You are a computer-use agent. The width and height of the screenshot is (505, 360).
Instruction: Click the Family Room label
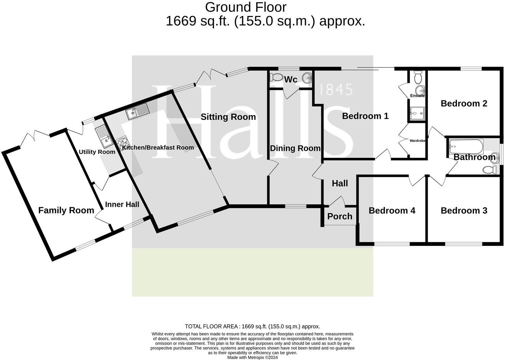[x=66, y=210]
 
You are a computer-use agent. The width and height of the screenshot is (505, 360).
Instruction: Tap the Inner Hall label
[x=122, y=204]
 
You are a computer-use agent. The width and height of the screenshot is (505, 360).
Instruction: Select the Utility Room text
[x=97, y=152]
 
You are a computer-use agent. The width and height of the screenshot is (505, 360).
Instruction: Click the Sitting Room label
[x=228, y=117]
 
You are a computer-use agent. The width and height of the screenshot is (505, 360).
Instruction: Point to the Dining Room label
[x=295, y=148]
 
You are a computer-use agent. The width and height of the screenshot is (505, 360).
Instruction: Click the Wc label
[x=291, y=79]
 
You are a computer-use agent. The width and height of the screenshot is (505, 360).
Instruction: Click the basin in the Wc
[x=307, y=77]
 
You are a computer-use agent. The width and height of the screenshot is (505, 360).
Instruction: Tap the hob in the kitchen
[x=123, y=142]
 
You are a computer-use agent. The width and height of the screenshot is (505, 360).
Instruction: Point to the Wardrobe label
[x=417, y=140]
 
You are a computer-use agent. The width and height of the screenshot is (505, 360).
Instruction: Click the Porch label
[x=340, y=216]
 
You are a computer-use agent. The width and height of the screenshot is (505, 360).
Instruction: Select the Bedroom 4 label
[x=392, y=210]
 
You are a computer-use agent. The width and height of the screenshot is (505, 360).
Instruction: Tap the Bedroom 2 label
[x=464, y=103]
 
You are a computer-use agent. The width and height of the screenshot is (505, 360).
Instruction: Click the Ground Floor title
[x=246, y=7]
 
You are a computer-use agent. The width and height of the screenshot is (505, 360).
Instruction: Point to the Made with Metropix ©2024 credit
[x=252, y=357]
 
